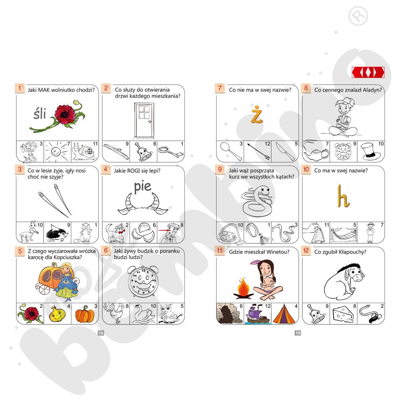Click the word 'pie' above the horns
point(143,186)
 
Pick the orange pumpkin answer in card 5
point(85,314)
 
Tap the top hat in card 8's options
point(370,152)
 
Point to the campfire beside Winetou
point(243,288)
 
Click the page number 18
point(101,333)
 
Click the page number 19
point(298,333)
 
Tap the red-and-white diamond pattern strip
point(368,72)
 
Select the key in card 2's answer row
point(170,152)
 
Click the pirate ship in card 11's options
point(257,314)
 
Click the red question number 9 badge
point(220,169)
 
